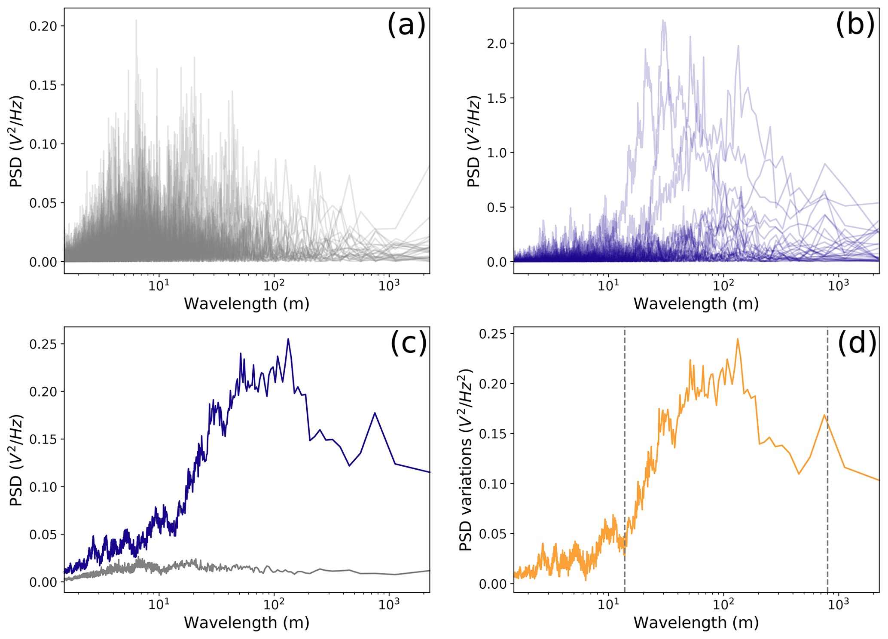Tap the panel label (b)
(855, 25)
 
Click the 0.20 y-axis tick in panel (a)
(43, 26)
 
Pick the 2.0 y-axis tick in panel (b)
(497, 44)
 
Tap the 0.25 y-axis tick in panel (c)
(43, 344)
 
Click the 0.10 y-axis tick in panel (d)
(492, 484)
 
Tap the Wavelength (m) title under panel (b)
(696, 304)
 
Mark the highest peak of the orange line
(738, 339)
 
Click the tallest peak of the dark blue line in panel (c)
(288, 339)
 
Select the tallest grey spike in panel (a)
(136, 20)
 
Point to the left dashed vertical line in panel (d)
(625, 460)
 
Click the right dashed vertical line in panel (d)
(827, 460)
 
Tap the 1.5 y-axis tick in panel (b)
(497, 98)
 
